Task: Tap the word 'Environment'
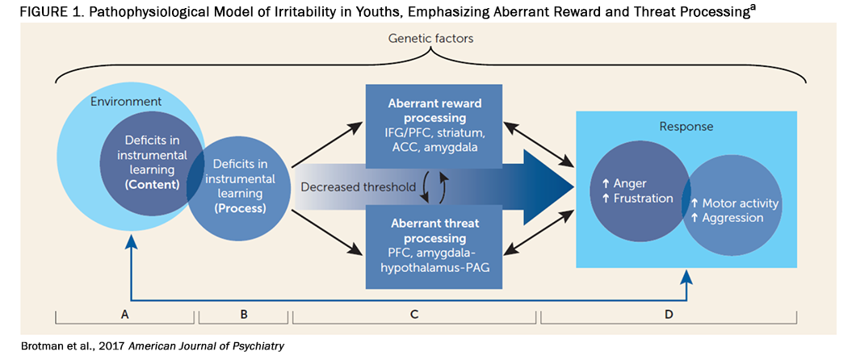point(126,102)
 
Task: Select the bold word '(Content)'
point(152,184)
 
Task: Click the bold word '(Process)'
point(240,209)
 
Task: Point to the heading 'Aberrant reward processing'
point(434,111)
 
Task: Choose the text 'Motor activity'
point(741,203)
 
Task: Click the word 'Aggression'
point(732,218)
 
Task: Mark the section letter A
point(125,314)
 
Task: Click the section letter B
point(244,314)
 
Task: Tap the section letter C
point(414,314)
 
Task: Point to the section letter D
point(668,314)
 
